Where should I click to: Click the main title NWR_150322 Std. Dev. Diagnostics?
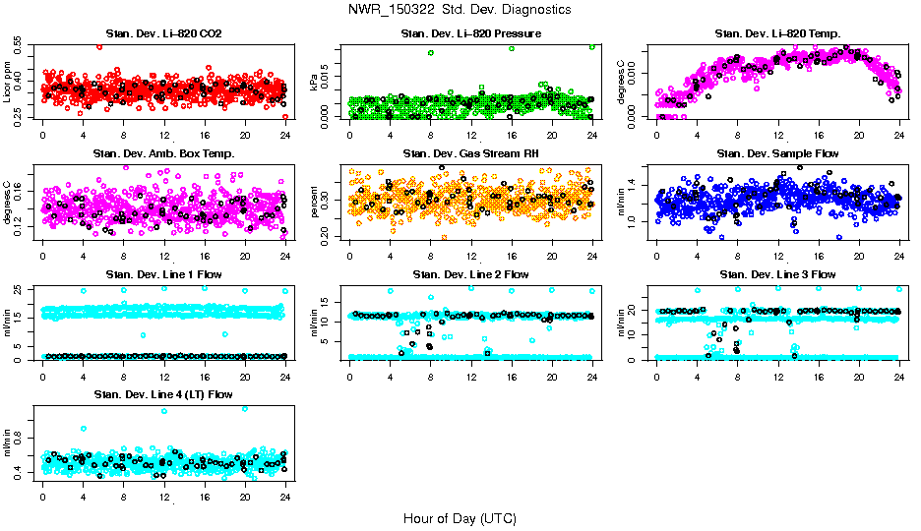(460, 9)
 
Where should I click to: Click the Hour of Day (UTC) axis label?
(460, 517)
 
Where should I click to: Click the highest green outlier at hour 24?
(592, 46)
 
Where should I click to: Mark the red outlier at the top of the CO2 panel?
(99, 46)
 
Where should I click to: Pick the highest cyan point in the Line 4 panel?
(245, 409)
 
